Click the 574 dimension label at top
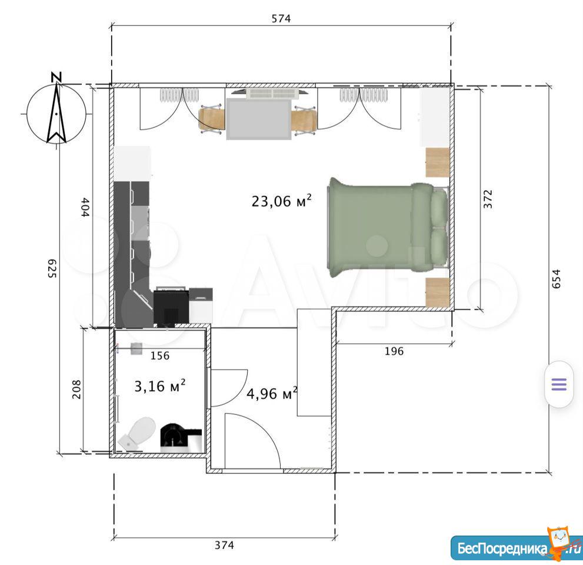[x=281, y=18]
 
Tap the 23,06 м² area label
[x=281, y=201]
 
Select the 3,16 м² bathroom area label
[x=160, y=386]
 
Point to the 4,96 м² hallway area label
[x=272, y=393]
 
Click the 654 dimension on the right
[x=556, y=278]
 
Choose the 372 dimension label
[x=488, y=199]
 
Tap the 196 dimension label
[x=394, y=351]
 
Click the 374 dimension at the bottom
[x=224, y=546]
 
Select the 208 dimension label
[x=76, y=390]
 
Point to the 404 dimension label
[x=85, y=207]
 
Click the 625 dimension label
[x=52, y=268]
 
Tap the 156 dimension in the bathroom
[x=160, y=356]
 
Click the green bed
[x=388, y=227]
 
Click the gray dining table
[x=259, y=118]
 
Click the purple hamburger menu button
[x=559, y=384]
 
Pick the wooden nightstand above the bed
[x=438, y=162]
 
